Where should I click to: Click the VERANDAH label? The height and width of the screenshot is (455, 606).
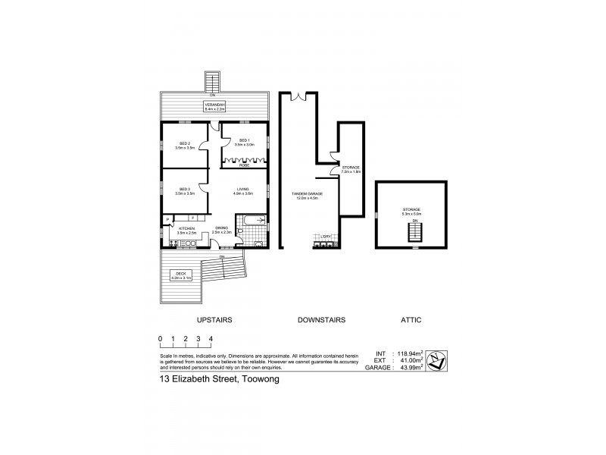(x=215, y=105)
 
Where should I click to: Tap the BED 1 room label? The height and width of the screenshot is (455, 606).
(x=244, y=140)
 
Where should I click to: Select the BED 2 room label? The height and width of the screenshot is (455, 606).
(x=184, y=143)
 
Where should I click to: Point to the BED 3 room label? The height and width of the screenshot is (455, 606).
(x=184, y=189)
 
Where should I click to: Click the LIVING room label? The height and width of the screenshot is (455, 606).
(x=243, y=190)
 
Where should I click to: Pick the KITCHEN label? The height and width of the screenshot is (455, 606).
(x=186, y=227)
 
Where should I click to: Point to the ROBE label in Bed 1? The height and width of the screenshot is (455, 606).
(x=244, y=165)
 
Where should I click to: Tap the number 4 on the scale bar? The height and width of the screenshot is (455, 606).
(x=211, y=338)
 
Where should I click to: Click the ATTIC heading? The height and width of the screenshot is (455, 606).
(x=412, y=320)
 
